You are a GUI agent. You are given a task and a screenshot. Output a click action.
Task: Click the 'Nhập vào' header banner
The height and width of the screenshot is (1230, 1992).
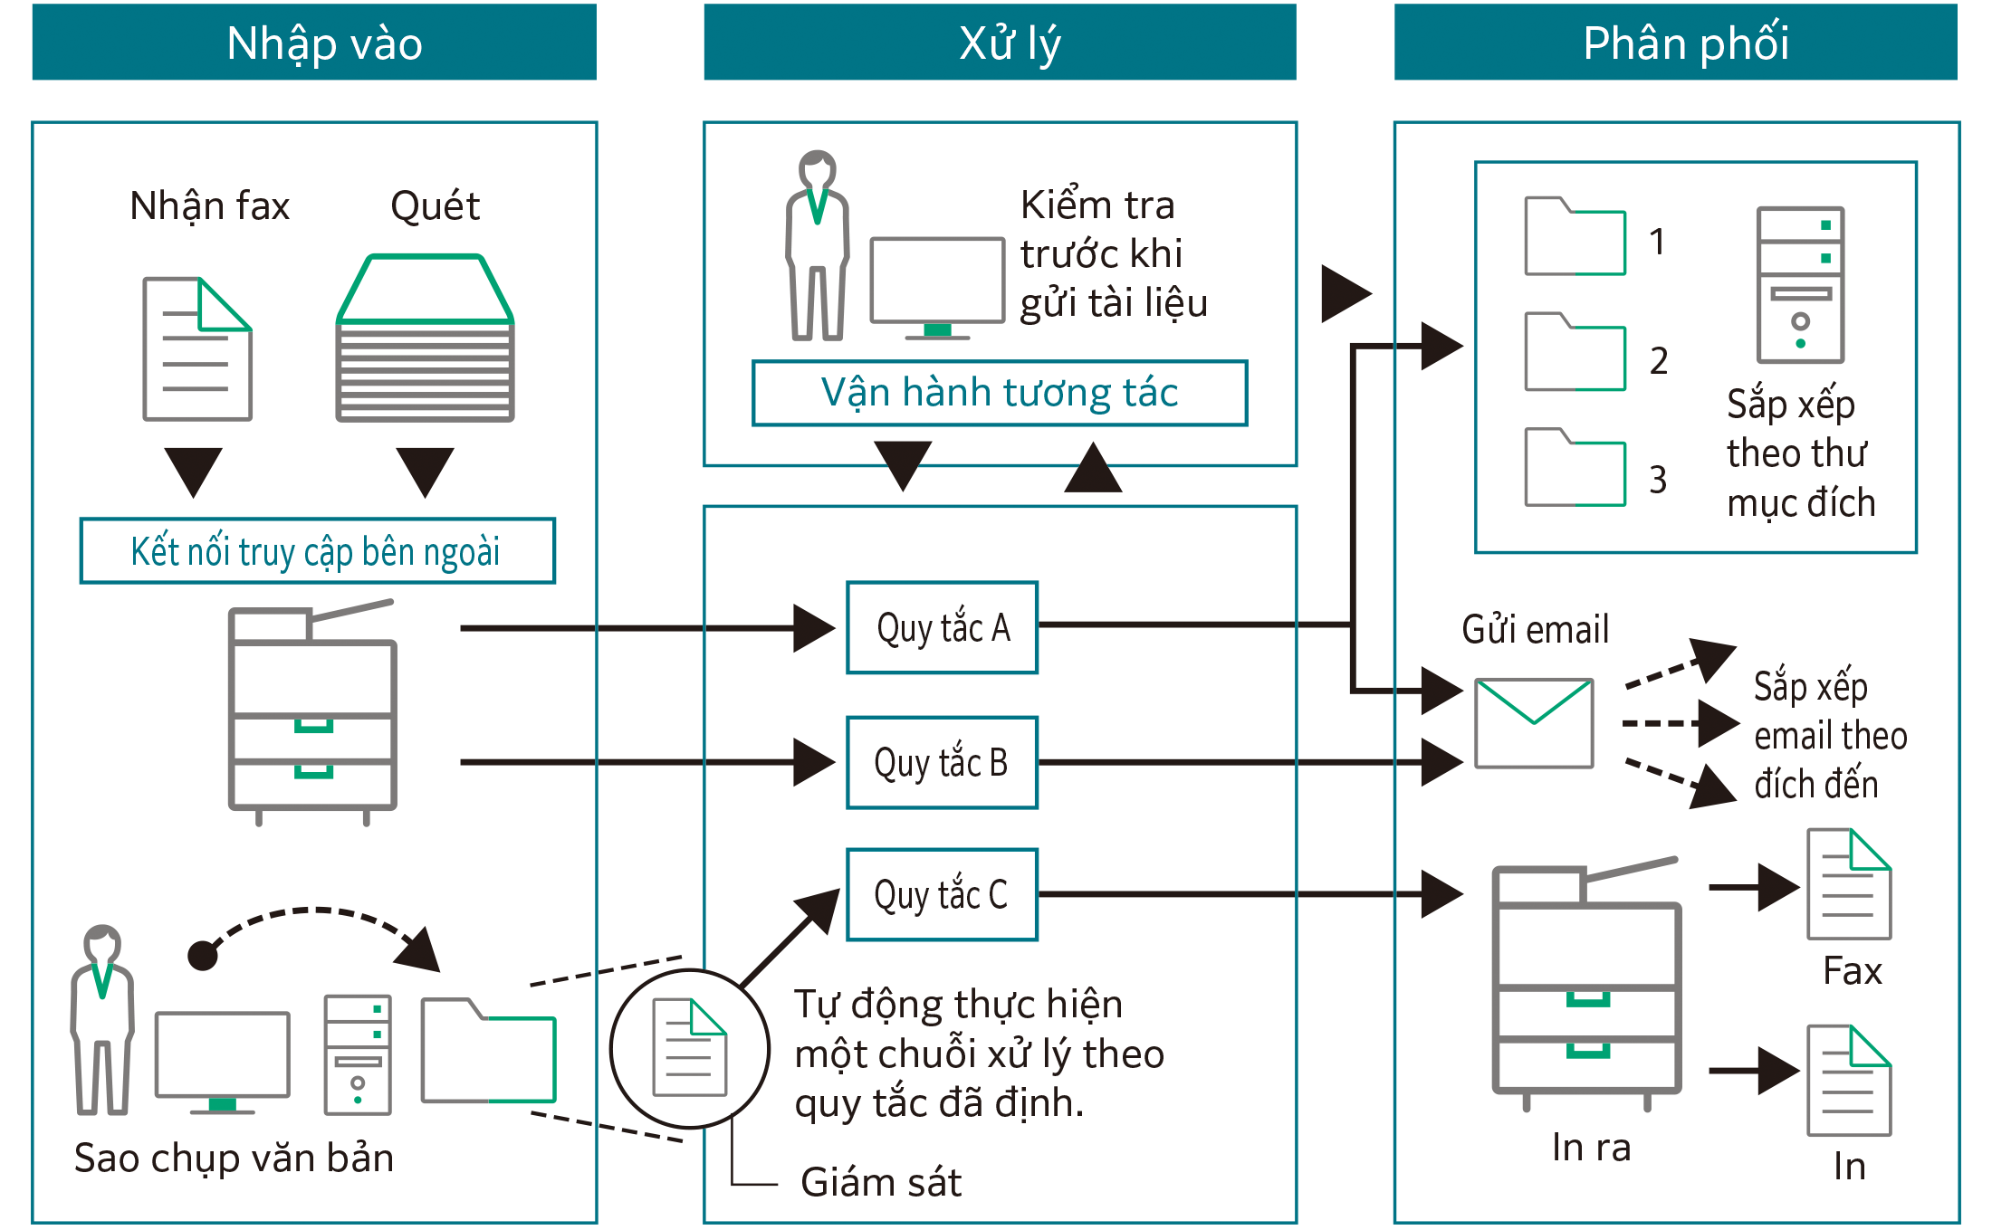click(x=313, y=43)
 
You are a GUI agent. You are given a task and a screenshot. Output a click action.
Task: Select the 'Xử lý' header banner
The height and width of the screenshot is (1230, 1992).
click(x=1000, y=43)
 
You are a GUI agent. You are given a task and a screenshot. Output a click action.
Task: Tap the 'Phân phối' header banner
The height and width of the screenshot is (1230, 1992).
click(x=1675, y=43)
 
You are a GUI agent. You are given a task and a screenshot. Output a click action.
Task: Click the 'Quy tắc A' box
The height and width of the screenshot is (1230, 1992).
click(x=942, y=627)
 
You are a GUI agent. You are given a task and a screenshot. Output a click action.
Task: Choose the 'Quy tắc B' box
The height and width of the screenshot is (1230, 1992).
click(x=942, y=762)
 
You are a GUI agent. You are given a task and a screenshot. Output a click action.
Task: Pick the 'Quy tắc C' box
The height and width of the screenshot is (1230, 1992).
click(x=942, y=894)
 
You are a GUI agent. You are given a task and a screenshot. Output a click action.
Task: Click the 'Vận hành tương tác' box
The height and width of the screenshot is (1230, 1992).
click(x=1000, y=393)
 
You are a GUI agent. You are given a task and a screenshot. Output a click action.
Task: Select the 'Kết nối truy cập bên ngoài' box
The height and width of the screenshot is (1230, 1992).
click(x=317, y=551)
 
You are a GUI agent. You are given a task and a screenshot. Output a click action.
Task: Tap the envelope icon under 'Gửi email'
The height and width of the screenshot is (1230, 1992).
click(x=1534, y=722)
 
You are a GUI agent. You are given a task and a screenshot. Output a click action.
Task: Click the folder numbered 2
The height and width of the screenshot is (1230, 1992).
click(x=1575, y=353)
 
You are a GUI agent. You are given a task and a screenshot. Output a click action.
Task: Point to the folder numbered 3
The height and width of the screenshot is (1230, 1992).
click(x=1575, y=468)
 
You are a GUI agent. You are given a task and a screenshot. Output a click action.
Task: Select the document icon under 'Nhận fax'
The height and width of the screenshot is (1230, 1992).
click(x=197, y=348)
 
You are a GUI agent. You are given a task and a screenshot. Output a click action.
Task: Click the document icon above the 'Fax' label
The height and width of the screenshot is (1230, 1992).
click(x=1848, y=884)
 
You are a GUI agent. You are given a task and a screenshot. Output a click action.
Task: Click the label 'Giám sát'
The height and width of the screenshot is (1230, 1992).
click(x=880, y=1182)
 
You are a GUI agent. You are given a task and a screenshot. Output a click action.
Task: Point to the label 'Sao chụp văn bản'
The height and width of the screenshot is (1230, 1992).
click(x=234, y=1158)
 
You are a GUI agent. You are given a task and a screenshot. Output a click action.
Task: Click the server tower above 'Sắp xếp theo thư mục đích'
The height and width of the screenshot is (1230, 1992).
click(x=1800, y=284)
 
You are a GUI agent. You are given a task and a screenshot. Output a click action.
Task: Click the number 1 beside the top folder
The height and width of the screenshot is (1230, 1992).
click(x=1656, y=242)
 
